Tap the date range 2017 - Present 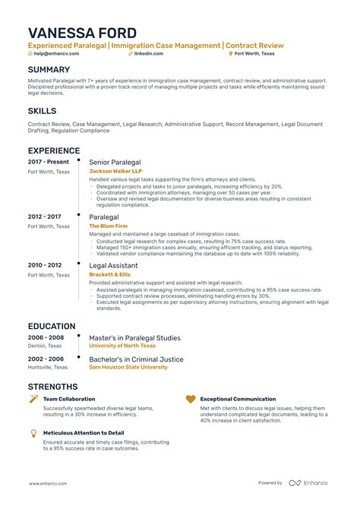click(x=49, y=163)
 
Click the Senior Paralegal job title click(x=114, y=163)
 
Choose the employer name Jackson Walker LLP click(x=117, y=172)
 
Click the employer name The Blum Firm click(x=109, y=226)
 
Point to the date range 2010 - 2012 click(x=46, y=264)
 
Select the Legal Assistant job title click(x=113, y=264)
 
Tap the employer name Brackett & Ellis click(x=109, y=274)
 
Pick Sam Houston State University click(x=128, y=367)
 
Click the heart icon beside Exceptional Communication click(x=191, y=399)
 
